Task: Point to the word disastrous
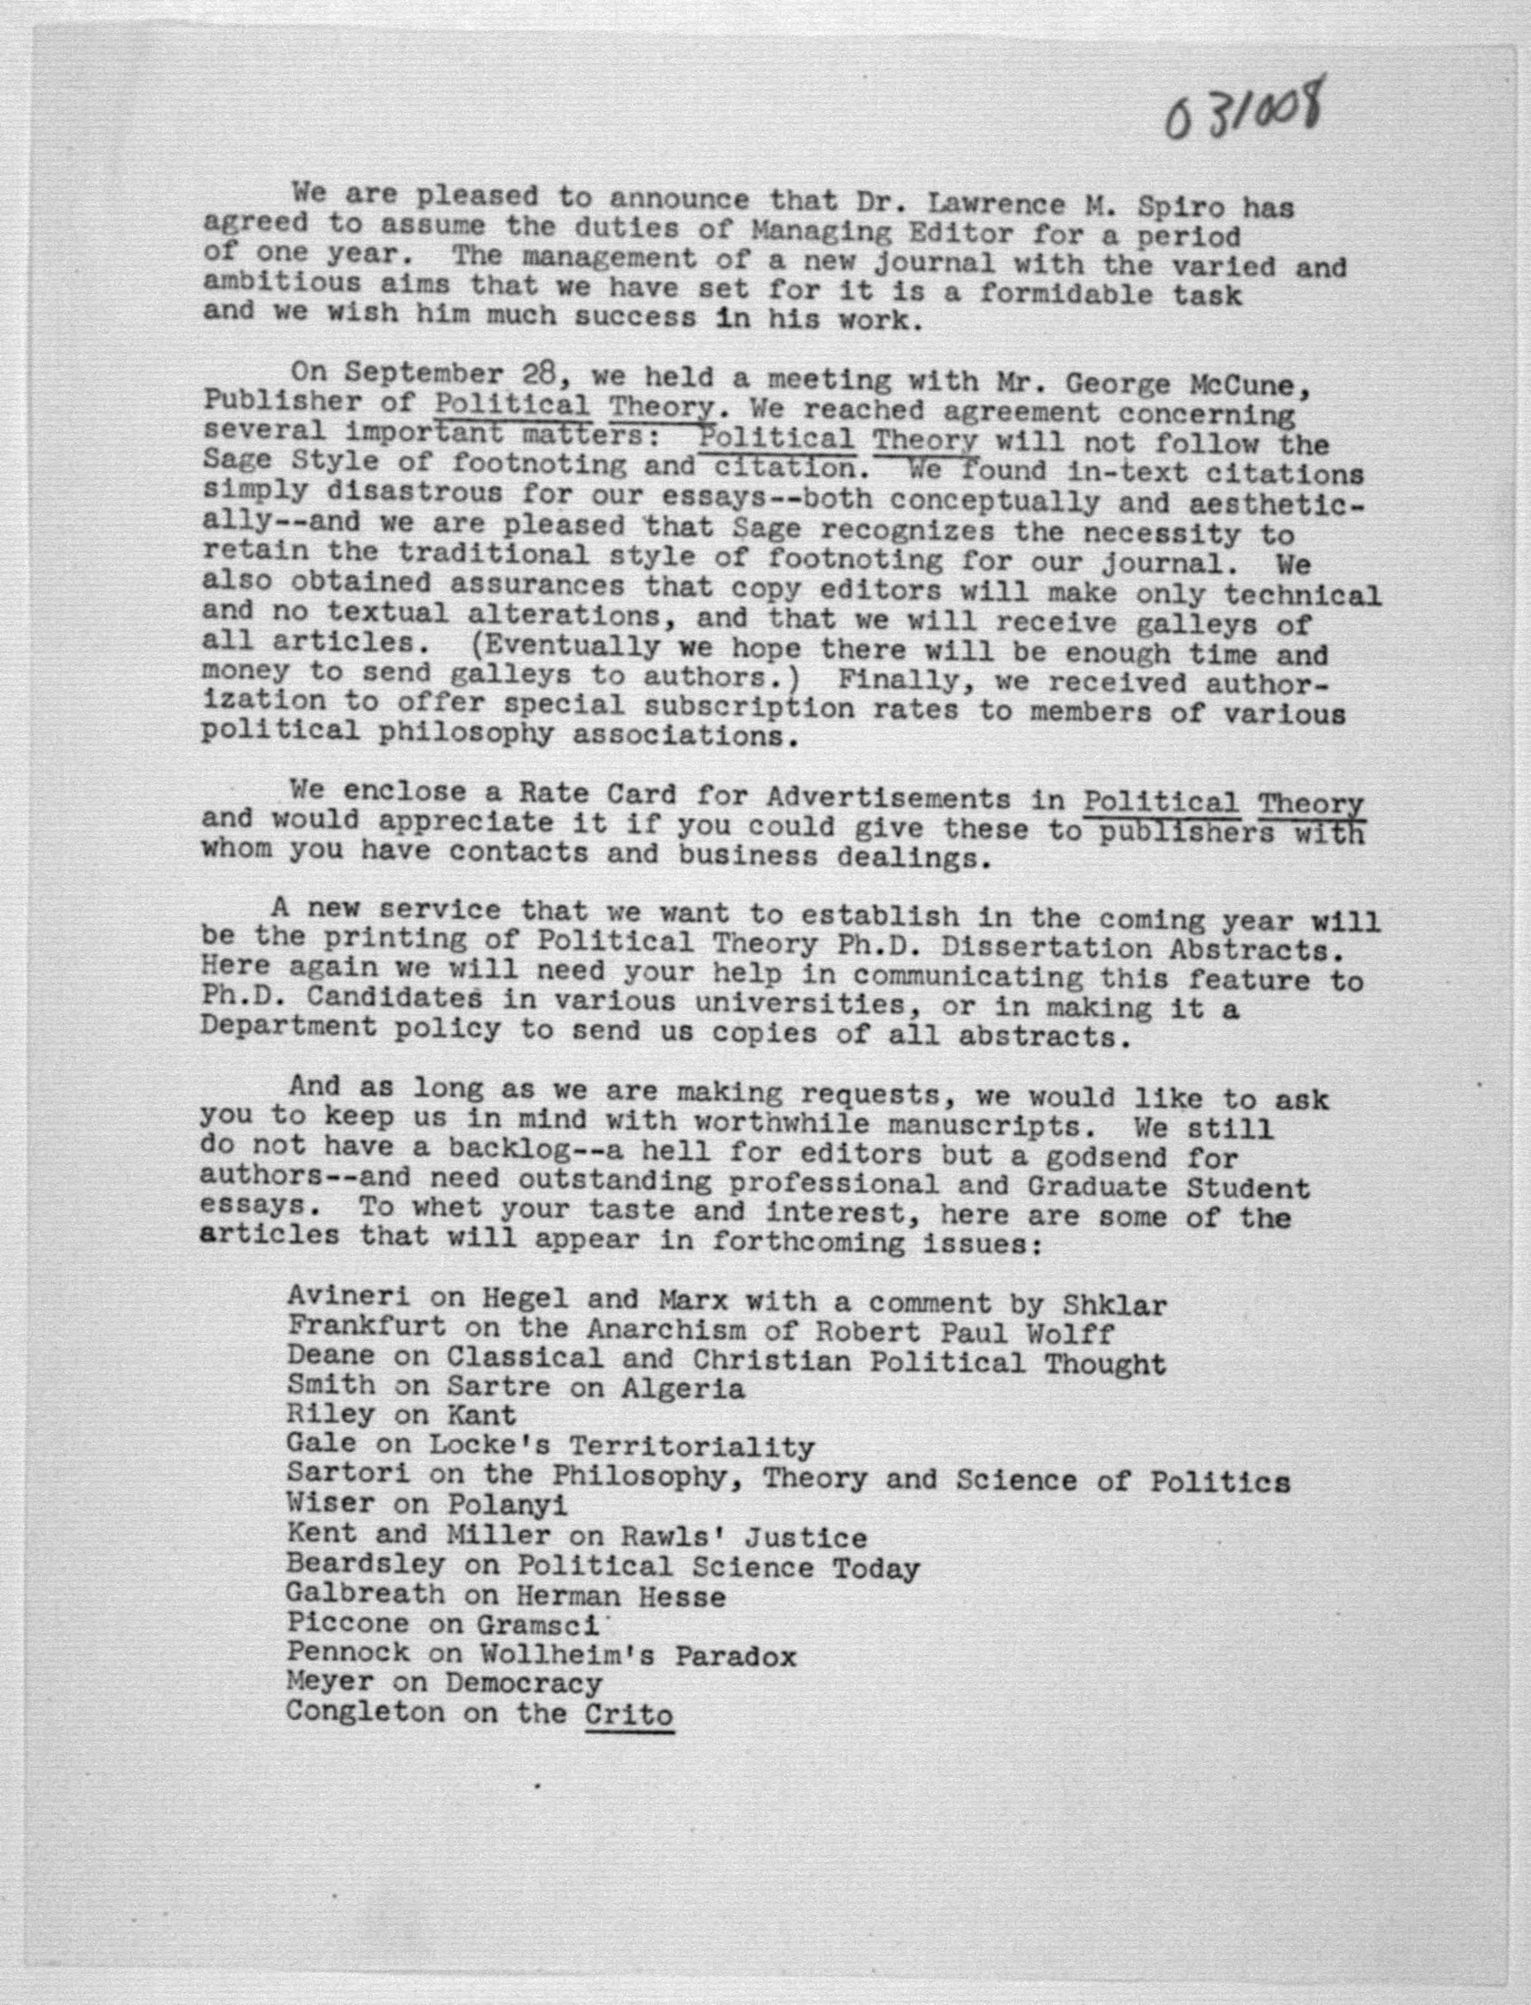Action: (414, 495)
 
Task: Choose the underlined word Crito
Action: (629, 1713)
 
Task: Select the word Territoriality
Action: (692, 1447)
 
